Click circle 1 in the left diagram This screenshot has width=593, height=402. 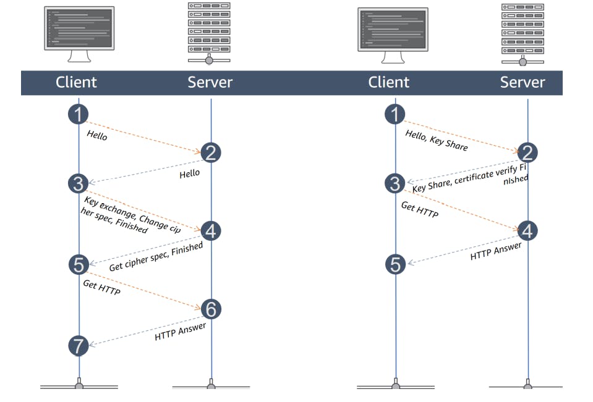(79, 114)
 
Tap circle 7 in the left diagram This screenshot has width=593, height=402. (79, 346)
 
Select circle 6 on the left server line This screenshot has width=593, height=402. (211, 309)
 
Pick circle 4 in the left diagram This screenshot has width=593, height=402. (211, 231)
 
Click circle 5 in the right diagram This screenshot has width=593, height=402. (395, 264)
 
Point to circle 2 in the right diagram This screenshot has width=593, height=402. (527, 153)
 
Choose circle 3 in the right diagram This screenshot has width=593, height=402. (395, 183)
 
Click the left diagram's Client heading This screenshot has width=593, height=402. (76, 82)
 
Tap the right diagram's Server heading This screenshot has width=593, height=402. (523, 82)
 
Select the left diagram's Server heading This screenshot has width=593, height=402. (210, 82)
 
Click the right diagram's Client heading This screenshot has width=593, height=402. (389, 82)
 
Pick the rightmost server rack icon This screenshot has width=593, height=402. (523, 33)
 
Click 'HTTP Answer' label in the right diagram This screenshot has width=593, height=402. (496, 251)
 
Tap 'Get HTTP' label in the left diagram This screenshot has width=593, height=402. (101, 287)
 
